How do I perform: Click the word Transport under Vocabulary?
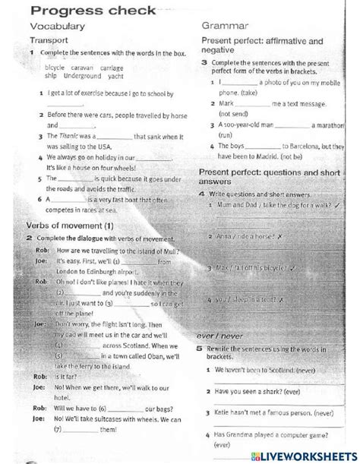pos(50,41)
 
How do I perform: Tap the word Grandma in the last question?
pos(242,435)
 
